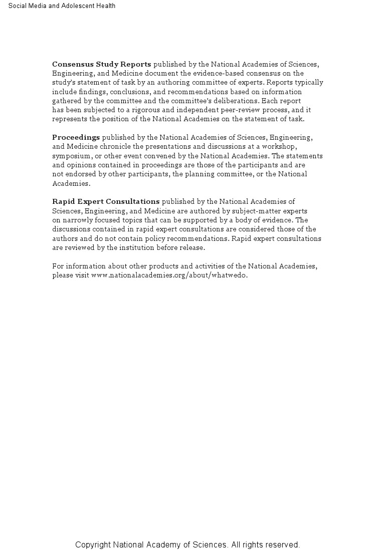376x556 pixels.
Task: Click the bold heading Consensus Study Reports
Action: click(x=102, y=64)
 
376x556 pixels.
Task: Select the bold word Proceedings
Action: click(x=76, y=137)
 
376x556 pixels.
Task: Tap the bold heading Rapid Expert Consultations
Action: click(x=106, y=201)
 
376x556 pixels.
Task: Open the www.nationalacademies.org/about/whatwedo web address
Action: click(x=169, y=275)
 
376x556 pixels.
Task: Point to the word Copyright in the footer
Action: click(x=93, y=545)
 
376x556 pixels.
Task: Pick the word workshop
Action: click(x=280, y=146)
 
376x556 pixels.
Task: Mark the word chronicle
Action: click(x=114, y=146)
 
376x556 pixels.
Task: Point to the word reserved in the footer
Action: click(x=281, y=545)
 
